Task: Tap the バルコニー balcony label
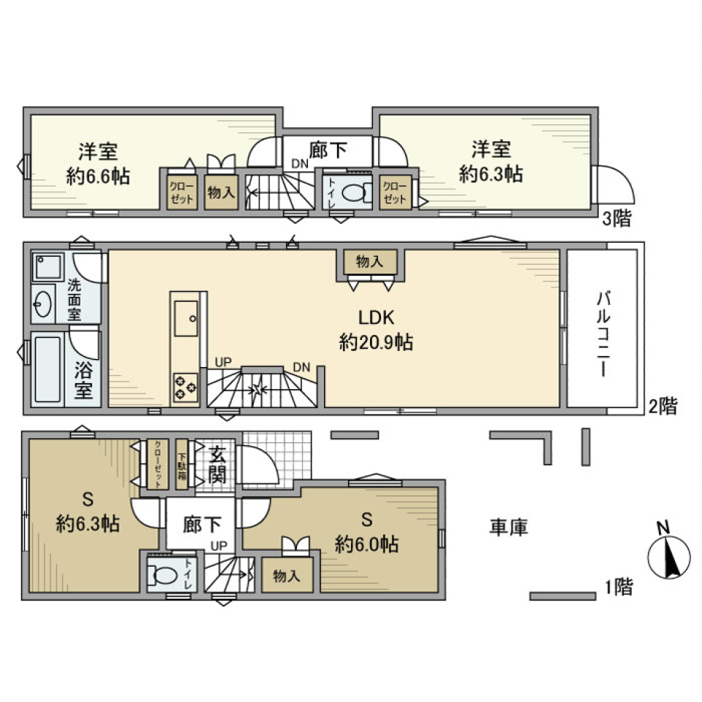[604, 333]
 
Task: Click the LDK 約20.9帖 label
[376, 330]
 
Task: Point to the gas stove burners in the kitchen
[185, 386]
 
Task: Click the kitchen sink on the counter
[185, 316]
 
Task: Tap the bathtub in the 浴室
[48, 369]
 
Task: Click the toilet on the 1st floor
[162, 575]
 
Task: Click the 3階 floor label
[616, 219]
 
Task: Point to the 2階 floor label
[663, 407]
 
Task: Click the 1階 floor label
[618, 586]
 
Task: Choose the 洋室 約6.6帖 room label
[98, 163]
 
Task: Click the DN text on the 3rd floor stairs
[301, 164]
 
